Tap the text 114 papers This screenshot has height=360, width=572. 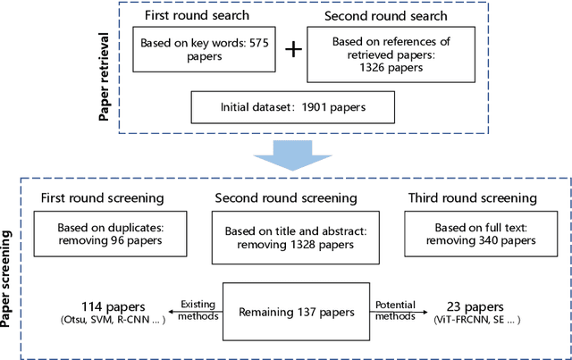pos(99,306)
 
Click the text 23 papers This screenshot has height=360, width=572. pos(467,306)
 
